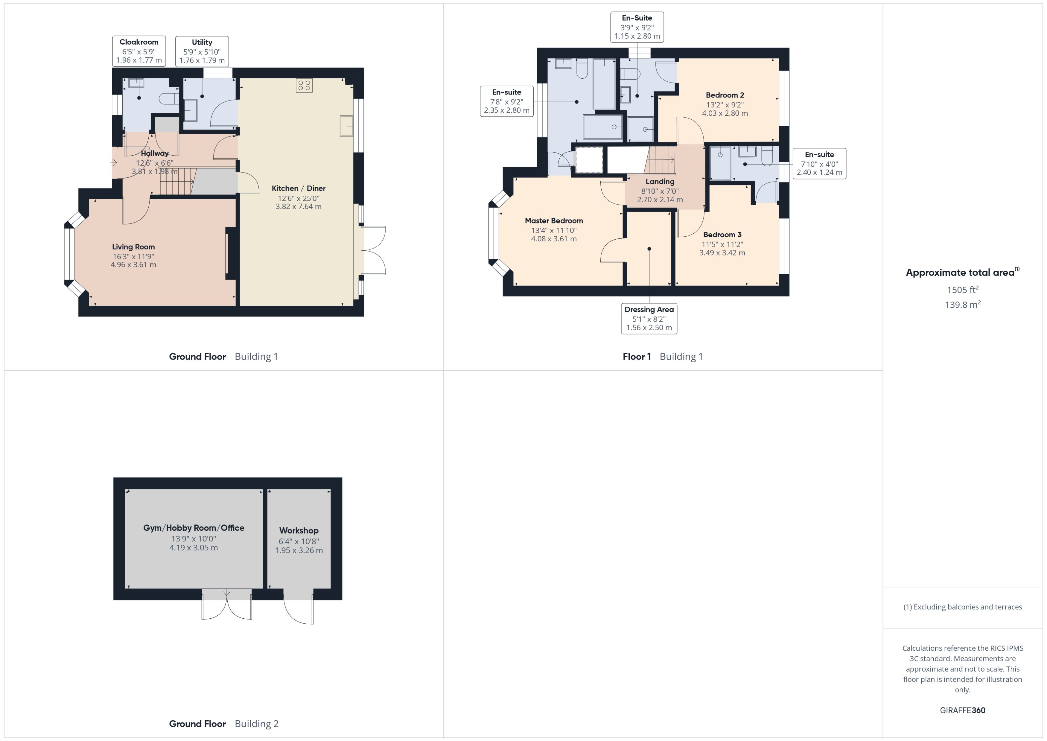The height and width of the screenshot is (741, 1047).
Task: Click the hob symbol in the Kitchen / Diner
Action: (x=304, y=85)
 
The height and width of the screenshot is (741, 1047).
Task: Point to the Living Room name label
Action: (x=133, y=247)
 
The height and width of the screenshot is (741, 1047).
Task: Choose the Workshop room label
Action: (x=299, y=531)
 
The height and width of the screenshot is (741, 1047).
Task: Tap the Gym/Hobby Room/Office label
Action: (x=194, y=528)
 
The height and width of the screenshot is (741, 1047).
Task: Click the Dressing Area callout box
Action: (x=649, y=319)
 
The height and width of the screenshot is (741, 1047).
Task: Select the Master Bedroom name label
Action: (x=553, y=221)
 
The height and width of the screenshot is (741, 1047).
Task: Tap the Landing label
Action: (x=660, y=182)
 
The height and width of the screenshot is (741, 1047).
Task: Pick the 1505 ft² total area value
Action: (x=962, y=290)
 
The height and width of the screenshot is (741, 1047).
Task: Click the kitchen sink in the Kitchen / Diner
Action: (x=346, y=126)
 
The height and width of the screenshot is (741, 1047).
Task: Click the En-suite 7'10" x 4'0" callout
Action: (x=819, y=163)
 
